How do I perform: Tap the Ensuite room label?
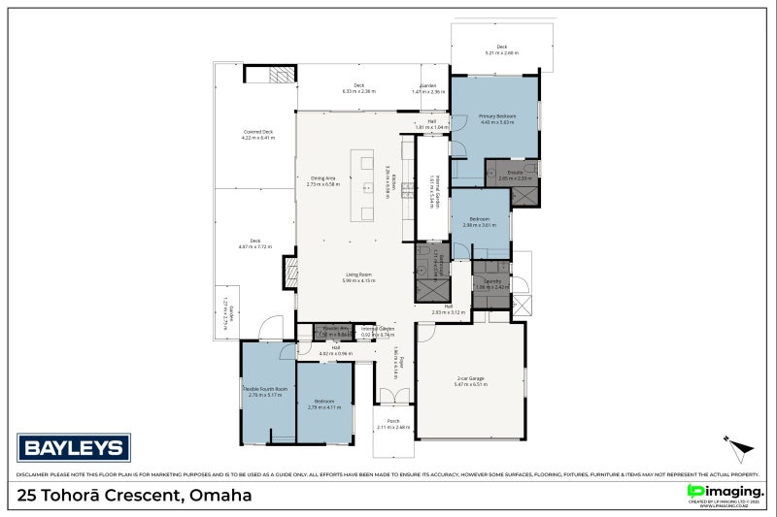pos(515,176)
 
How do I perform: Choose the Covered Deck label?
pos(257,134)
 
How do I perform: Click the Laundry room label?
pos(492,284)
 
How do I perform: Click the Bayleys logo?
pos(74,447)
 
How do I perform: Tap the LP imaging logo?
pos(722,493)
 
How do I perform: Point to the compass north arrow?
pos(741,448)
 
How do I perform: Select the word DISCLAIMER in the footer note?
pos(35,475)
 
